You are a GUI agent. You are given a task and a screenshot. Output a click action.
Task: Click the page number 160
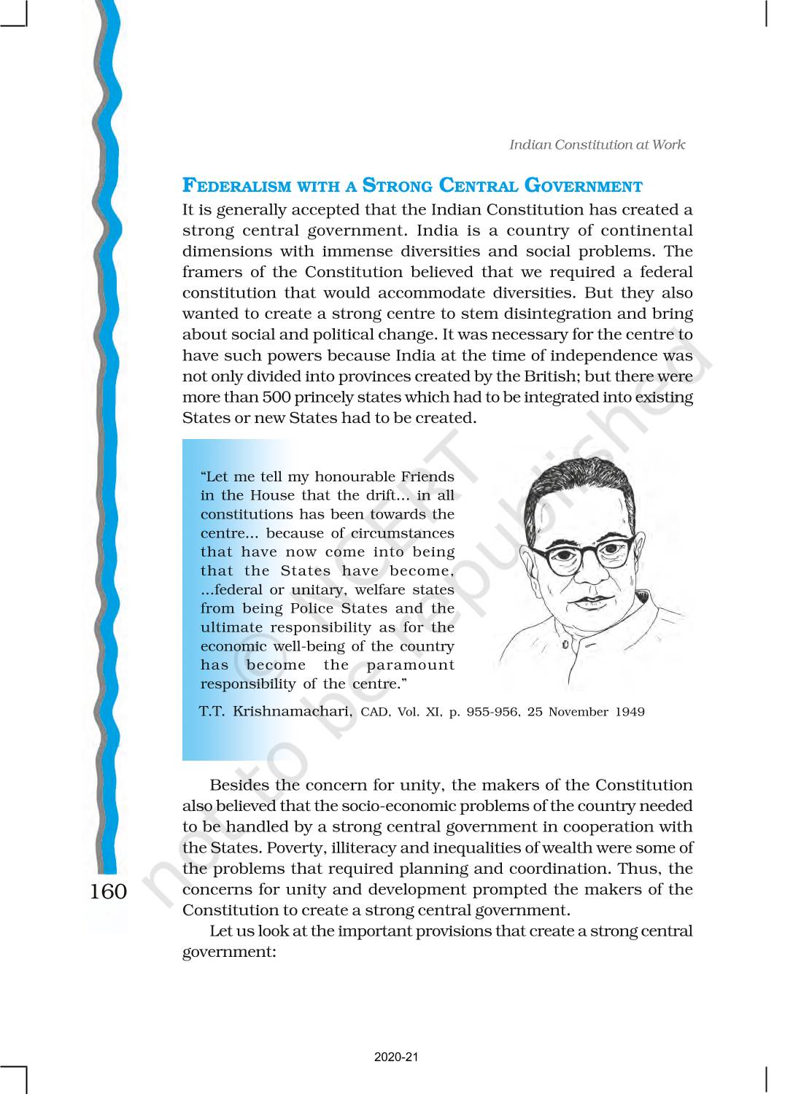[x=108, y=891]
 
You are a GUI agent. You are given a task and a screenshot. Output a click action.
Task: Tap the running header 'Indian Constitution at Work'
[x=597, y=144]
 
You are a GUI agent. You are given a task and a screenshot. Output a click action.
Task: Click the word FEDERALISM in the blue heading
[x=236, y=187]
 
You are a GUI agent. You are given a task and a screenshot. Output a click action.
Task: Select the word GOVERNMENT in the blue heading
[x=584, y=187]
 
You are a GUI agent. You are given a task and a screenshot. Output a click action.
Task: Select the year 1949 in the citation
[x=630, y=712]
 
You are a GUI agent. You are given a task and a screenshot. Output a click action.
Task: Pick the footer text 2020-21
[x=396, y=1057]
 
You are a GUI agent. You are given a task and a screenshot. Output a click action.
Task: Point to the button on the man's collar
[x=565, y=645]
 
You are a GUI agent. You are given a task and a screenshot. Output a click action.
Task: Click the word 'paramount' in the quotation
[x=411, y=665]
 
